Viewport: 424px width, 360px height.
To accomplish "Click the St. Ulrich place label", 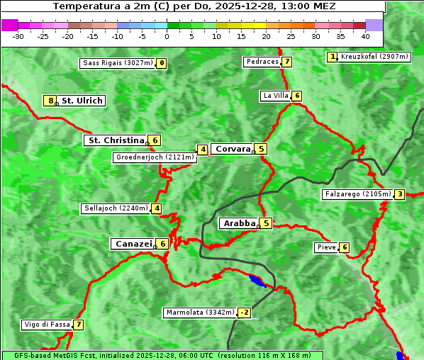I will (x=82, y=101).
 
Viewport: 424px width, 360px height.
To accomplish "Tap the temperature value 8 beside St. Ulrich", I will (x=50, y=101).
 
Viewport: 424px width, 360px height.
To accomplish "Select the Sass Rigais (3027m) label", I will (x=117, y=63).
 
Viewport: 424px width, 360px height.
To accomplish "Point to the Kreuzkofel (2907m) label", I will (x=374, y=57).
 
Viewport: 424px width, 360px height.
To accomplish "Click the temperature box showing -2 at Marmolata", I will (x=244, y=313).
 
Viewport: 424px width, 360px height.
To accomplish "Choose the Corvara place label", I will (x=233, y=149).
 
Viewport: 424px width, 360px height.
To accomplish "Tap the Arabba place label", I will (x=239, y=223).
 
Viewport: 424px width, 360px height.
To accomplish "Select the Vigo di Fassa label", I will (x=48, y=325).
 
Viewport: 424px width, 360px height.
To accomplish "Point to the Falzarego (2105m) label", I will (x=357, y=194).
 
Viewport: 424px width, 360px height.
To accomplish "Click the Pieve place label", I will (x=326, y=247).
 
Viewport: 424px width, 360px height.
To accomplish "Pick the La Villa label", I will (x=275, y=96).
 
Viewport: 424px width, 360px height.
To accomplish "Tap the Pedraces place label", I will (x=262, y=62).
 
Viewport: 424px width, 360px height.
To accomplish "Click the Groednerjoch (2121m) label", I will (x=155, y=157).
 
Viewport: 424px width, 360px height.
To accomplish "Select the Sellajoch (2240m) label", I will (x=116, y=208).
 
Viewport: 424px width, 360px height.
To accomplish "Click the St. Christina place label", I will (x=115, y=140).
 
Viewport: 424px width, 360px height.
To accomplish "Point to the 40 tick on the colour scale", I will (x=365, y=35).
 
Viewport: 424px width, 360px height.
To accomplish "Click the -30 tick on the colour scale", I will (x=18, y=35).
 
